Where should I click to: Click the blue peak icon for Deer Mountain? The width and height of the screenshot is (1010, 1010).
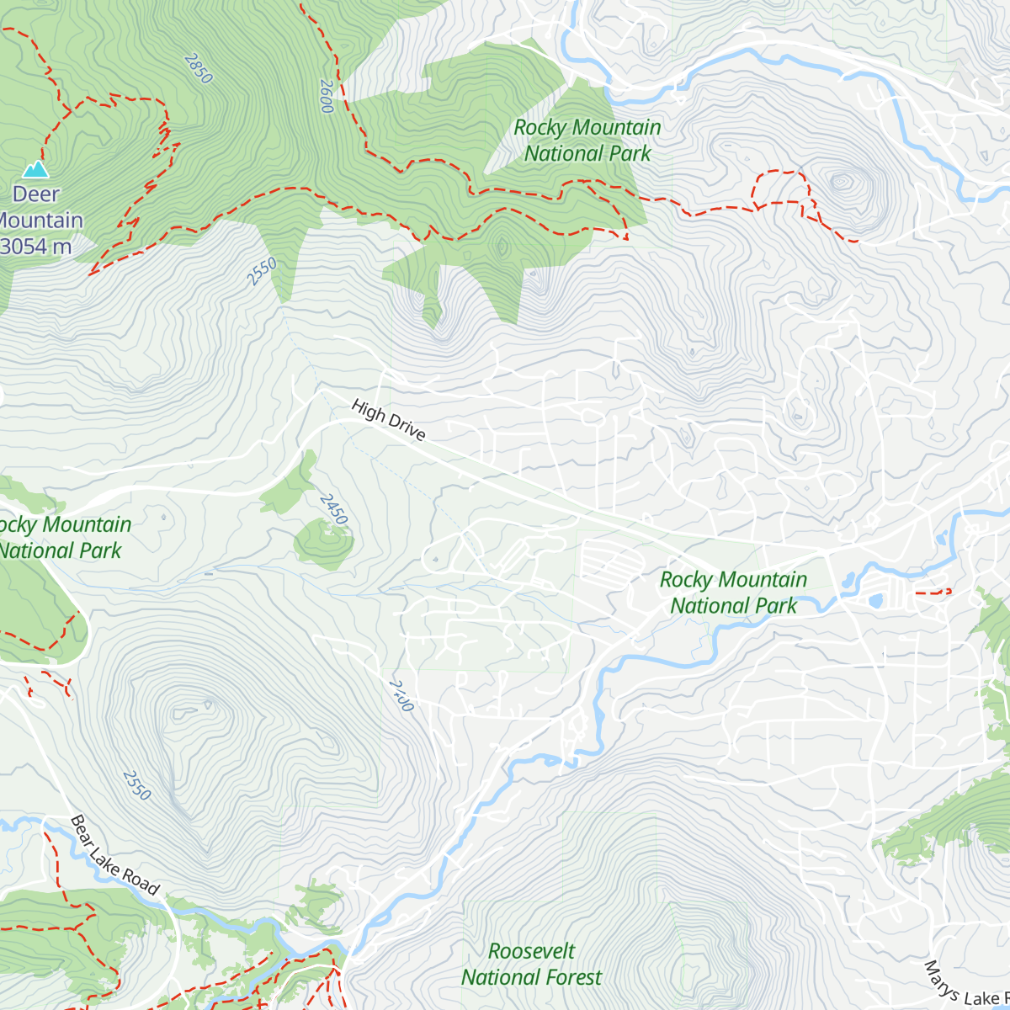(x=35, y=169)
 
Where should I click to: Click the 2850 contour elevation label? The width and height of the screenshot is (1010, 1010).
(x=198, y=68)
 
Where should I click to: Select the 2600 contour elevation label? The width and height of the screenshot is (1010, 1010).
(x=327, y=96)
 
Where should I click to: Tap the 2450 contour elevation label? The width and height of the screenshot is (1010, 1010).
(x=333, y=509)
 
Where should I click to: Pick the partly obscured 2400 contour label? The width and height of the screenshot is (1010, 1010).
(x=401, y=695)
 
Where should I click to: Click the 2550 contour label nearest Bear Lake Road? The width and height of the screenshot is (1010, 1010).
(x=136, y=784)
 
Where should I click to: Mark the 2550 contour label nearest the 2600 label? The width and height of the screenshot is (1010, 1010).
(x=262, y=272)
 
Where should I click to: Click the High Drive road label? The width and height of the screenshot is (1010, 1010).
(x=389, y=420)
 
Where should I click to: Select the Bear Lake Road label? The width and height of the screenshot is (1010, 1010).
(x=114, y=854)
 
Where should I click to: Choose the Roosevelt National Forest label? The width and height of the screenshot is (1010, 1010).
(x=531, y=964)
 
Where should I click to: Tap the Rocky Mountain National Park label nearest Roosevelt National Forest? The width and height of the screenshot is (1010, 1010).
(x=733, y=593)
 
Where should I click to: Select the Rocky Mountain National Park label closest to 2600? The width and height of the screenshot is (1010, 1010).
(x=587, y=141)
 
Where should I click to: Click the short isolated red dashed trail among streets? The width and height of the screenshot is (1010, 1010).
(x=933, y=592)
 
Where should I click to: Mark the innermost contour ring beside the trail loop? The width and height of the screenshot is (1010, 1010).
(x=842, y=181)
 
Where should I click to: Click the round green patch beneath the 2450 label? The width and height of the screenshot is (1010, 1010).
(x=323, y=543)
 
